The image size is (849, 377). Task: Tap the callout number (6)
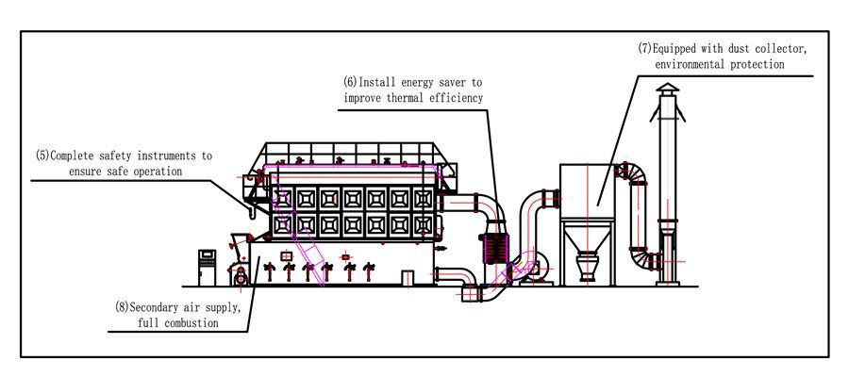pyautogui.click(x=351, y=83)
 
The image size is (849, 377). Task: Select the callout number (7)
pyautogui.click(x=645, y=48)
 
